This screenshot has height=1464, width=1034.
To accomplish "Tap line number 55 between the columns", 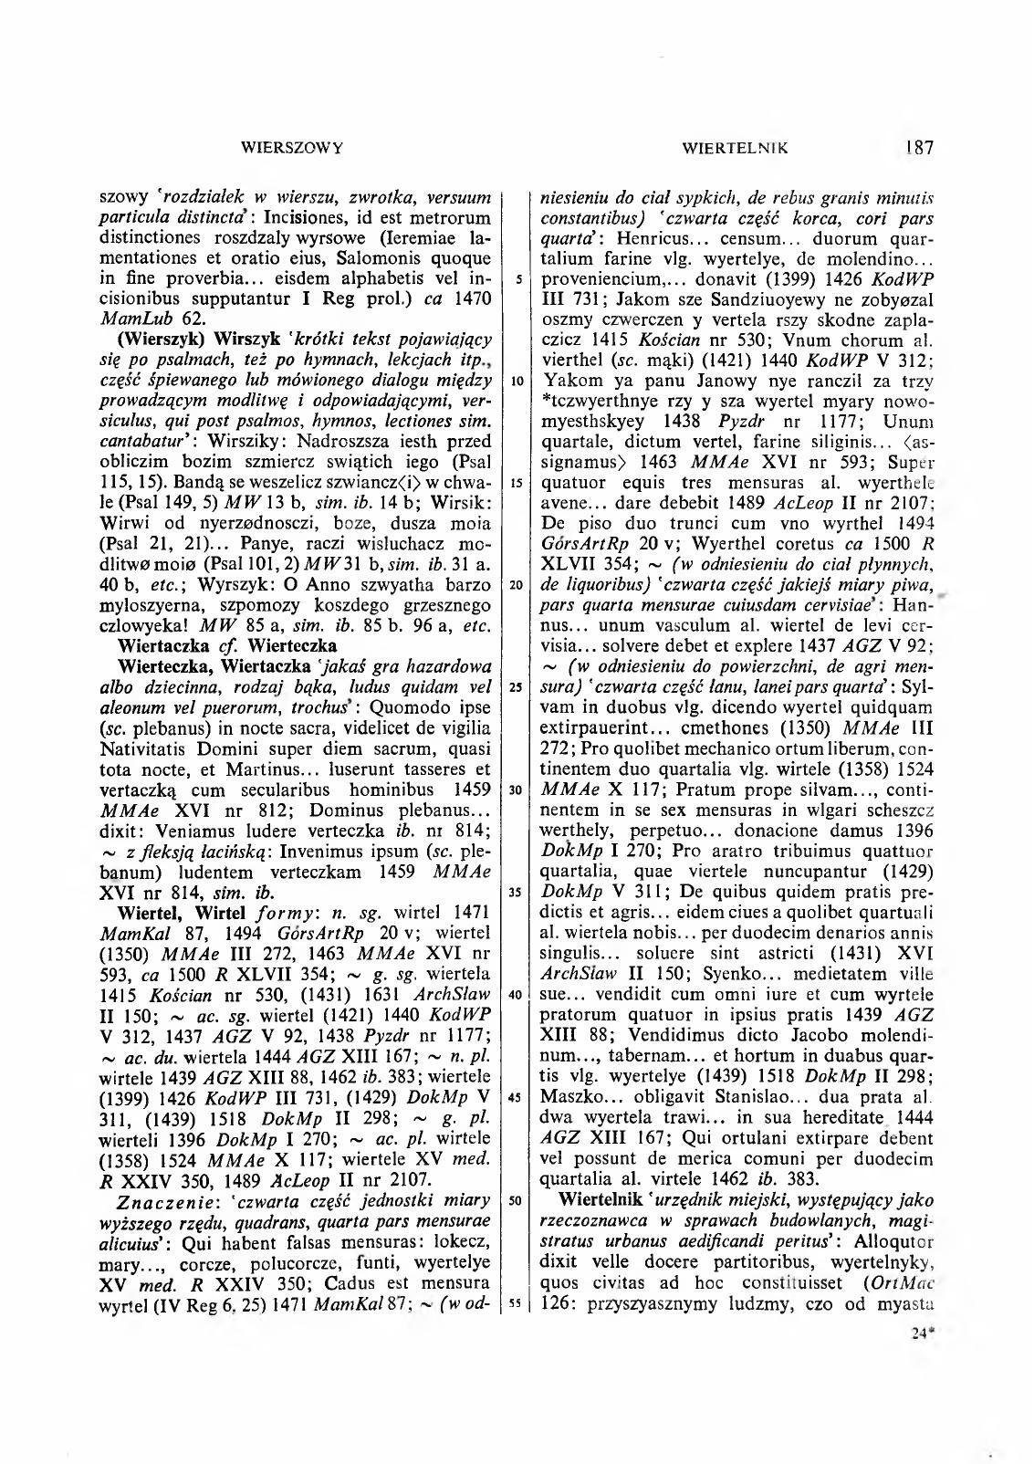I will pyautogui.click(x=517, y=1302).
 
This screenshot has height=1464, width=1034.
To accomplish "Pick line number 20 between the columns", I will pyautogui.click(x=517, y=585).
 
